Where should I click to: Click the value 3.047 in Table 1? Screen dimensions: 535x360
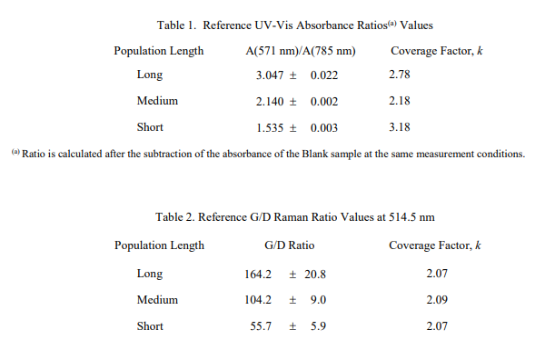click(270, 75)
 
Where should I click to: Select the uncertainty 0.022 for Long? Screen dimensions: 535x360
click(324, 75)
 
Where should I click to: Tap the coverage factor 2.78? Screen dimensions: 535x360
click(399, 75)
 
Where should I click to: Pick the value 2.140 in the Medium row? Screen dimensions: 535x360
click(270, 102)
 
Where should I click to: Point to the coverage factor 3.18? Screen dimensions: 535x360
click(399, 127)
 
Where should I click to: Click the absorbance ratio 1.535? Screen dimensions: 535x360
click(270, 128)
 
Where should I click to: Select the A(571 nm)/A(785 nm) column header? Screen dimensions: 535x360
click(301, 51)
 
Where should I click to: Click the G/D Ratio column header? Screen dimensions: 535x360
click(290, 245)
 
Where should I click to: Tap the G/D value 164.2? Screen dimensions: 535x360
click(258, 274)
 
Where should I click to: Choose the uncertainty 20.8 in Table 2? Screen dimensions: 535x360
click(315, 274)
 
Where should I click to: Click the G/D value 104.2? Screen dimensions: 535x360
click(258, 299)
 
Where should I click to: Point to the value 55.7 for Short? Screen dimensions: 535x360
click(261, 325)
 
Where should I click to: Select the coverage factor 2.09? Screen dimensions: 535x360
click(437, 299)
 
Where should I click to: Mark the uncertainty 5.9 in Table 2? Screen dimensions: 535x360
click(318, 325)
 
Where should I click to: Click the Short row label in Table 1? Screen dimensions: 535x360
click(150, 127)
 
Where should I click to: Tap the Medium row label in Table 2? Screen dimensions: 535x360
click(157, 299)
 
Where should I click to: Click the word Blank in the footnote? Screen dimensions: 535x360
click(314, 154)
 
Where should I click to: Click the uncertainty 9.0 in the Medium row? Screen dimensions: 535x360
click(318, 299)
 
